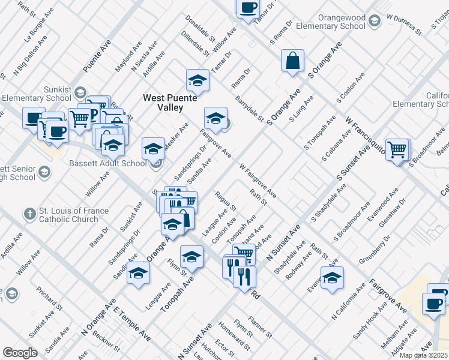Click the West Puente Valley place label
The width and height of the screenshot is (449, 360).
[163, 102]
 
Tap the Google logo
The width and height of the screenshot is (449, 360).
[20, 353]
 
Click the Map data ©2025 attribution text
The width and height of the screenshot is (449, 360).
[424, 355]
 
